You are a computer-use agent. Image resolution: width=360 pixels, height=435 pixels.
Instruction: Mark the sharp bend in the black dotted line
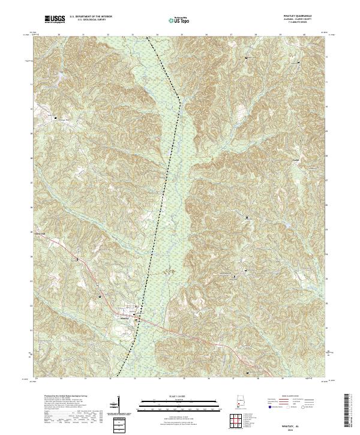pyautogui.click(x=180, y=103)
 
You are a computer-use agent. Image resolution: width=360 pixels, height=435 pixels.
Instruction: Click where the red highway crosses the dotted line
pyautogui.click(x=140, y=319)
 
